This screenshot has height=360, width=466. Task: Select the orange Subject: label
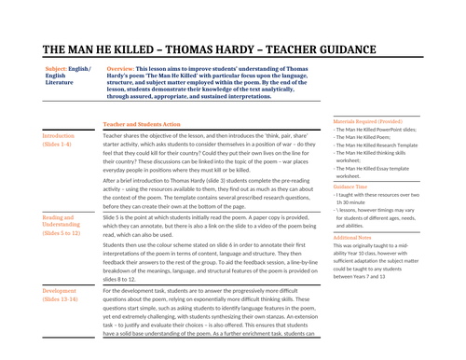coord(61,68)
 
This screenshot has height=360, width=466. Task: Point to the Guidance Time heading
coord(352,186)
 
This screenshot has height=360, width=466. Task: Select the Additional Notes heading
coord(356,237)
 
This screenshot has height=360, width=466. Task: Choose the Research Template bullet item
coord(384,146)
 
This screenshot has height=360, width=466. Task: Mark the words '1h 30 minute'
coord(356,202)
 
